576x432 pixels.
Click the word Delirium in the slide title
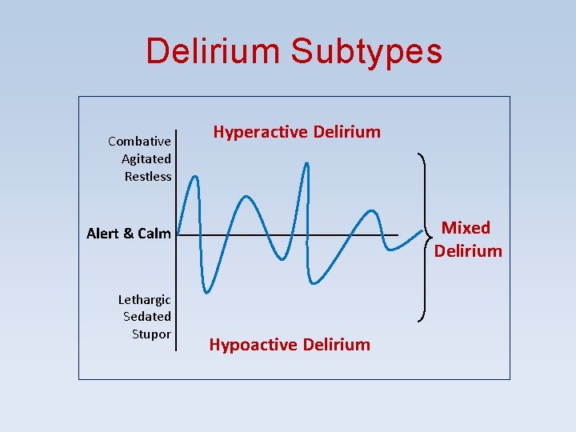tap(212, 51)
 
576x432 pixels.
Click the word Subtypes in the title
tap(366, 51)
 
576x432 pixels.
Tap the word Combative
tap(139, 142)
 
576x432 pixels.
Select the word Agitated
tap(146, 159)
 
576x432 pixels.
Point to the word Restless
tap(148, 177)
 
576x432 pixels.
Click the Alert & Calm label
tap(129, 234)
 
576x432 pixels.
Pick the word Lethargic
tap(145, 300)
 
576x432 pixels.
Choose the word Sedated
tap(147, 317)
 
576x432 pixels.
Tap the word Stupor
tap(151, 334)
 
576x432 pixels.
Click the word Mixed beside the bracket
tap(466, 228)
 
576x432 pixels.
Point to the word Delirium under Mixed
tap(468, 251)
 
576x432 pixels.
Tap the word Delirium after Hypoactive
tap(334, 345)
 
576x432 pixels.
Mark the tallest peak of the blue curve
tap(306, 163)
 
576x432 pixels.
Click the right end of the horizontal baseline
tap(398, 235)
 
